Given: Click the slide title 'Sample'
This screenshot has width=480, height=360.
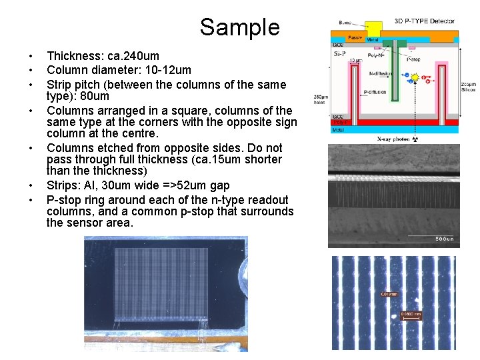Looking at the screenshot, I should point(239,27).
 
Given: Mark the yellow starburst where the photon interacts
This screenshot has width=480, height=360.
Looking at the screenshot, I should point(414,78).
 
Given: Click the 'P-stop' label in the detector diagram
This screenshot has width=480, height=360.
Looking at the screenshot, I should point(414,59).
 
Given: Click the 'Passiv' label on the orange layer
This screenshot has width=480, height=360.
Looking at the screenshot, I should point(355,37).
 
